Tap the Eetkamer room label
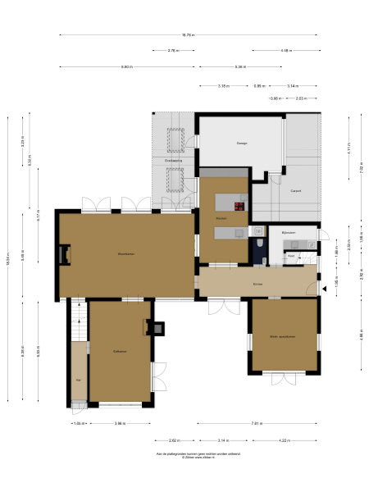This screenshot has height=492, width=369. coord(119,352)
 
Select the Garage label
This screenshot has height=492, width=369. coord(242,143)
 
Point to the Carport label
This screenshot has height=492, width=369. coord(295,191)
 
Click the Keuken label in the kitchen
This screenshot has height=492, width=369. coord(221,219)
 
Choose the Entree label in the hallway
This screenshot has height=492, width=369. coord(257,284)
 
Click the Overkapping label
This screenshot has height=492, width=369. coord(174,162)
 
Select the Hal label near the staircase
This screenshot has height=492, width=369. coord(78,380)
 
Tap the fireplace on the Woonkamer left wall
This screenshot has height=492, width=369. coord(66,255)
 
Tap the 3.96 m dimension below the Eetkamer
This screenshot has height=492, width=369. coord(120,423)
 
